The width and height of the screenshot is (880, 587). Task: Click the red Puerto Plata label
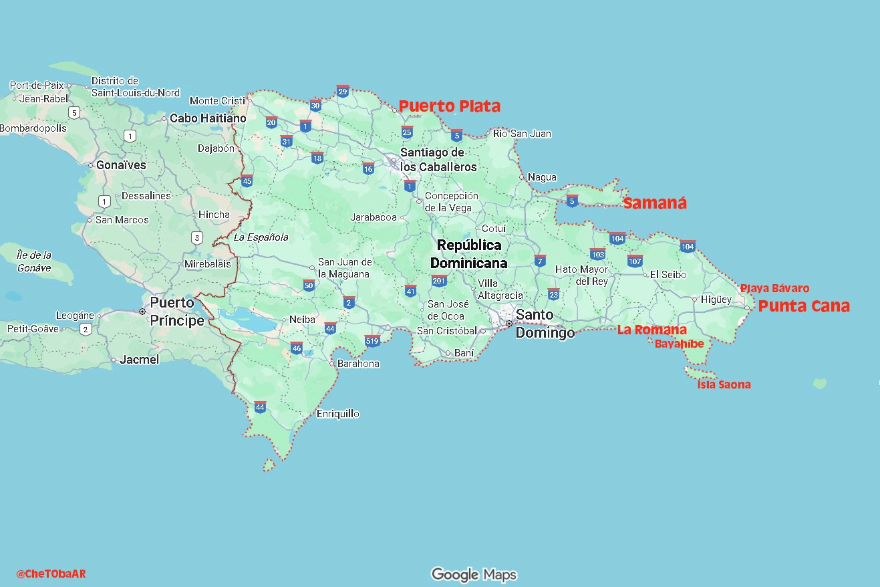pos(449,106)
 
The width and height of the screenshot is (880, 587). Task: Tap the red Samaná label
pos(654,204)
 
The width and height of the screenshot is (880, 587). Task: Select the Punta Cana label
pos(804,306)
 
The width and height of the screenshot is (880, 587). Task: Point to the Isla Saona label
pos(724,384)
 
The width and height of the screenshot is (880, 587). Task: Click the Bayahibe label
pos(679,344)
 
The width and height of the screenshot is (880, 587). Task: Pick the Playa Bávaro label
pos(774,289)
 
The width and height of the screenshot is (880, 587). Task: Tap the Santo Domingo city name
pos(544,324)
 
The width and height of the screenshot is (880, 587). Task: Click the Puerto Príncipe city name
pos(176,312)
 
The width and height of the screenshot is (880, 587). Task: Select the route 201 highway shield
pos(439,281)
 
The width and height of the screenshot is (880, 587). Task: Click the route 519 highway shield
pos(373,341)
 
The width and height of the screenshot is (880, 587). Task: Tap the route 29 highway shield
pos(343,92)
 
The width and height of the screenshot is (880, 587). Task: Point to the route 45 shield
pos(247,181)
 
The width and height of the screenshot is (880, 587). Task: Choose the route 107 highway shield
pos(635,261)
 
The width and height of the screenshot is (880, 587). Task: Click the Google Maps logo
pos(474,574)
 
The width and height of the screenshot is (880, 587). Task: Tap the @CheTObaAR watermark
pos(51,574)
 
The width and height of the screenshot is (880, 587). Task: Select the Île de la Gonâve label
pos(34,261)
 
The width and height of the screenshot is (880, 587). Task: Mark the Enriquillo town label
pos(338,414)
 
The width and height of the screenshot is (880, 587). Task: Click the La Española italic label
pos(261,237)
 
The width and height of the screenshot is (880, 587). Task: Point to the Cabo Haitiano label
pos(208,118)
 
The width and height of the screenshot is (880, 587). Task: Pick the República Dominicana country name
pos(468,254)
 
